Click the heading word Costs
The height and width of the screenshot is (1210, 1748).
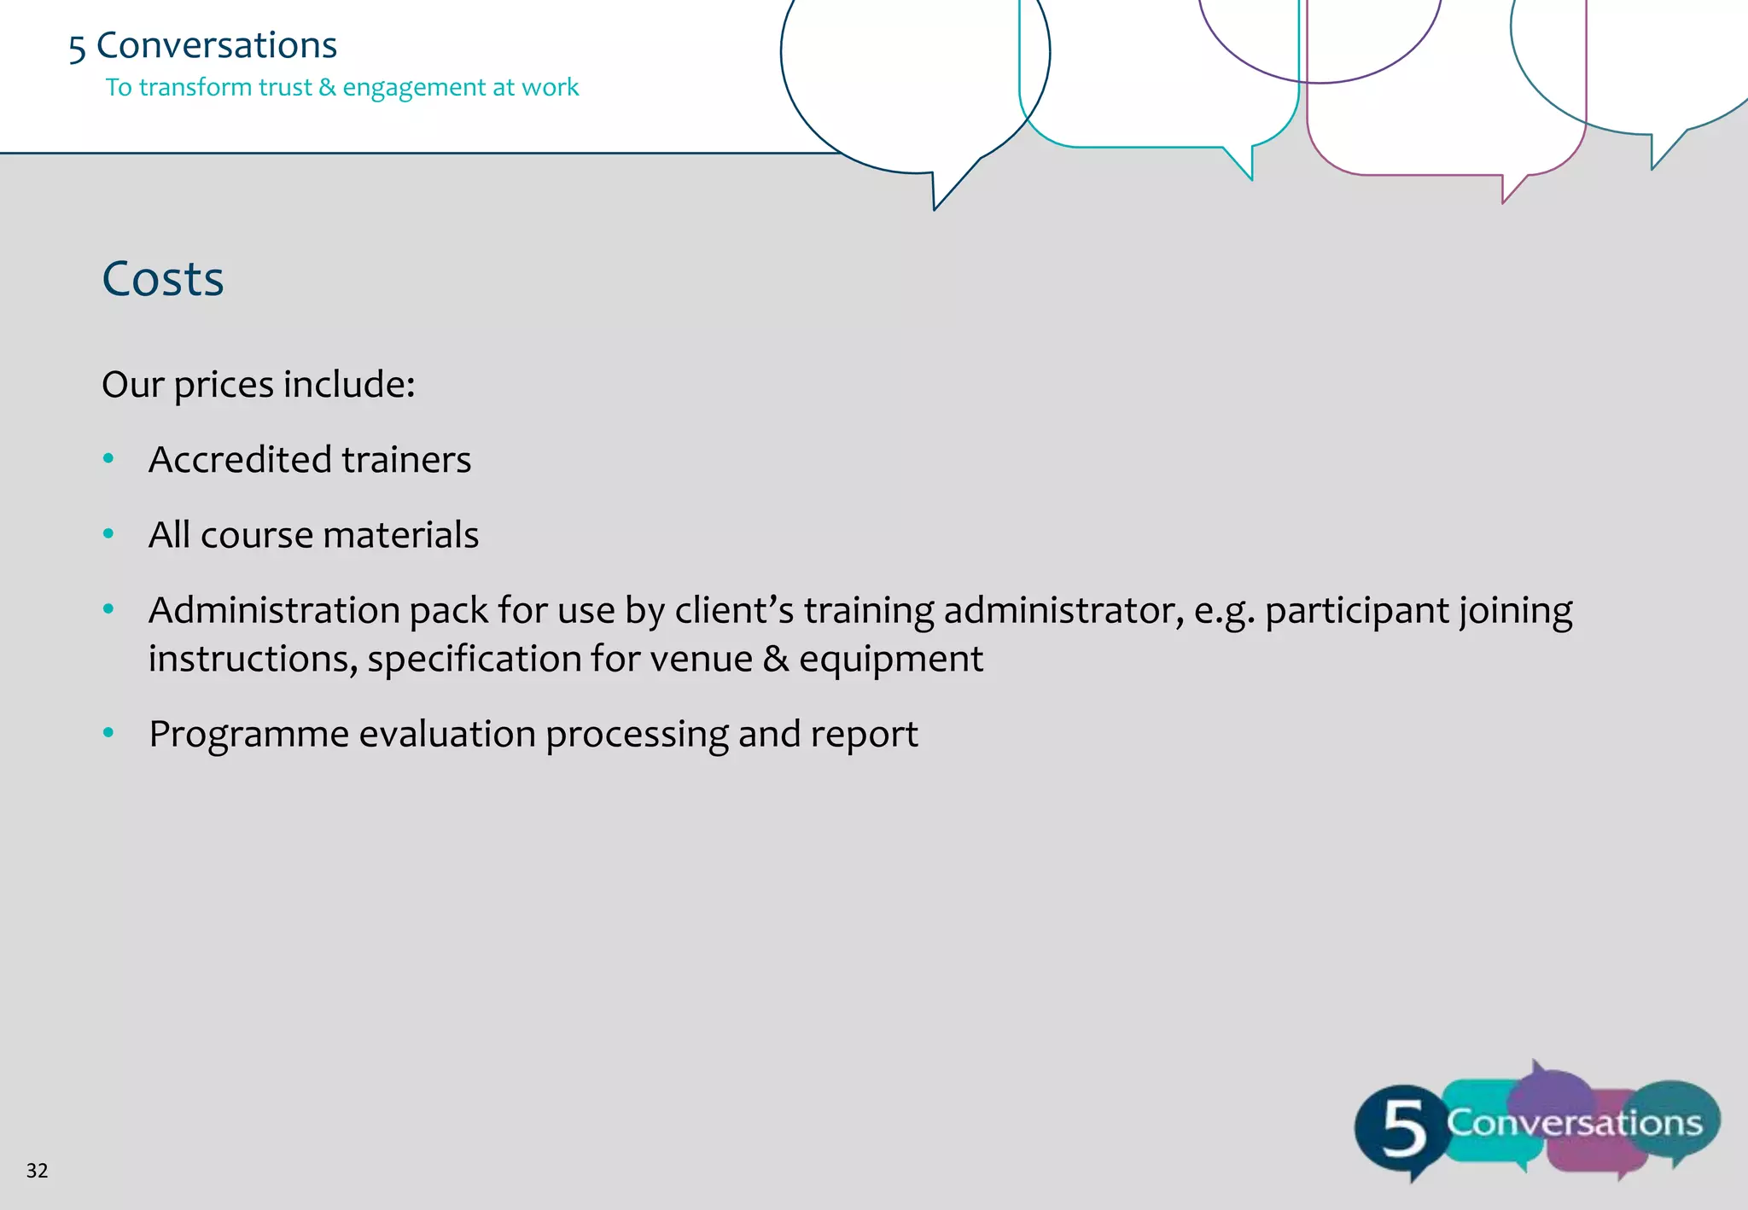(163, 279)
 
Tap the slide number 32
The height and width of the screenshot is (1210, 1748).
(37, 1171)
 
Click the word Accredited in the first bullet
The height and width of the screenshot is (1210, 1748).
(240, 460)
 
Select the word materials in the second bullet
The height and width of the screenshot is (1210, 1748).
(400, 535)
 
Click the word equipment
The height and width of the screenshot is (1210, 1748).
(891, 660)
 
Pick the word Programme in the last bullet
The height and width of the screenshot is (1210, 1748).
(248, 734)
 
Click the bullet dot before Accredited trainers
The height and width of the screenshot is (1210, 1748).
(108, 459)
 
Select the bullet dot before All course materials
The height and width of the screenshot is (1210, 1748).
(108, 534)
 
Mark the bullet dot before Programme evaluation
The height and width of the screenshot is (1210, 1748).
(108, 733)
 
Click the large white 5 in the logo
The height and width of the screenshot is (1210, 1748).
(1402, 1128)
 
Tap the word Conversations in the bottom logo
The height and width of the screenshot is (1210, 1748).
(1574, 1123)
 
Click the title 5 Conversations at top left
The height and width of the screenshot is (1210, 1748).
(203, 45)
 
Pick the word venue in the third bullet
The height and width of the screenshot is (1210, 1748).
(704, 659)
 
